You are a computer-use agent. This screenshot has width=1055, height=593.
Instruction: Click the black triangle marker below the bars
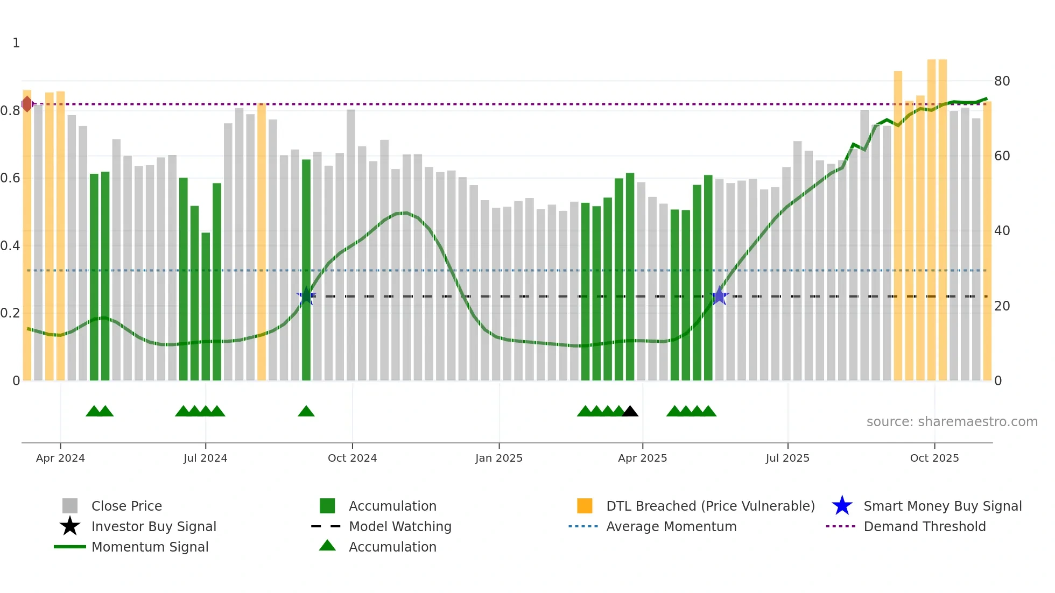pyautogui.click(x=630, y=412)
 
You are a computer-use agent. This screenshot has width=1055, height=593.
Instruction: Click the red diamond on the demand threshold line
pyautogui.click(x=27, y=104)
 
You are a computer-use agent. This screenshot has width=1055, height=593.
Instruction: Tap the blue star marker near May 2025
pyautogui.click(x=719, y=296)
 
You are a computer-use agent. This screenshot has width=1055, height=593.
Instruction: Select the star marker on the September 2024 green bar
pyautogui.click(x=306, y=296)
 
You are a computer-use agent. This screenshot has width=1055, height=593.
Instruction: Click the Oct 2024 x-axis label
pyautogui.click(x=352, y=458)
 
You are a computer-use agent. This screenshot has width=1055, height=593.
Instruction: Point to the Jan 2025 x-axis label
pyautogui.click(x=498, y=458)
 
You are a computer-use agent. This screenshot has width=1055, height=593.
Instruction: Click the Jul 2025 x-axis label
pyautogui.click(x=787, y=458)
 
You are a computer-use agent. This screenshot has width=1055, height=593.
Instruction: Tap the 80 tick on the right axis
pyautogui.click(x=1002, y=81)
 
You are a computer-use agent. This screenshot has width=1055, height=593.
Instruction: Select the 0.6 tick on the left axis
pyautogui.click(x=10, y=178)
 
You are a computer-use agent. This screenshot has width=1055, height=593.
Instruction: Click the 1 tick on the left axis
pyautogui.click(x=16, y=43)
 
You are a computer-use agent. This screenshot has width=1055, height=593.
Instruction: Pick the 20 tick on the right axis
pyautogui.click(x=1002, y=306)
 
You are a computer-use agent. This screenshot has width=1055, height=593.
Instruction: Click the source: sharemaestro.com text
pyautogui.click(x=952, y=422)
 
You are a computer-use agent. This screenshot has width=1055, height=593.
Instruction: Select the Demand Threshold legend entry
pyautogui.click(x=924, y=527)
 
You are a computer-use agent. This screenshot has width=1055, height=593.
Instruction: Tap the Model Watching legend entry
pyautogui.click(x=399, y=527)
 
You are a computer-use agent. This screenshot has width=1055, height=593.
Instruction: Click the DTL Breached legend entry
pyautogui.click(x=710, y=506)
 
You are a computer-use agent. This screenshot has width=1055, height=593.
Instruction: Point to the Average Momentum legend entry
pyautogui.click(x=671, y=527)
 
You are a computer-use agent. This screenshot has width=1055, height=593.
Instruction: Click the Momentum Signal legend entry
pyautogui.click(x=150, y=547)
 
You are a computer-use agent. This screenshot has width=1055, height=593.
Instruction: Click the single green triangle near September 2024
pyautogui.click(x=306, y=412)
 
